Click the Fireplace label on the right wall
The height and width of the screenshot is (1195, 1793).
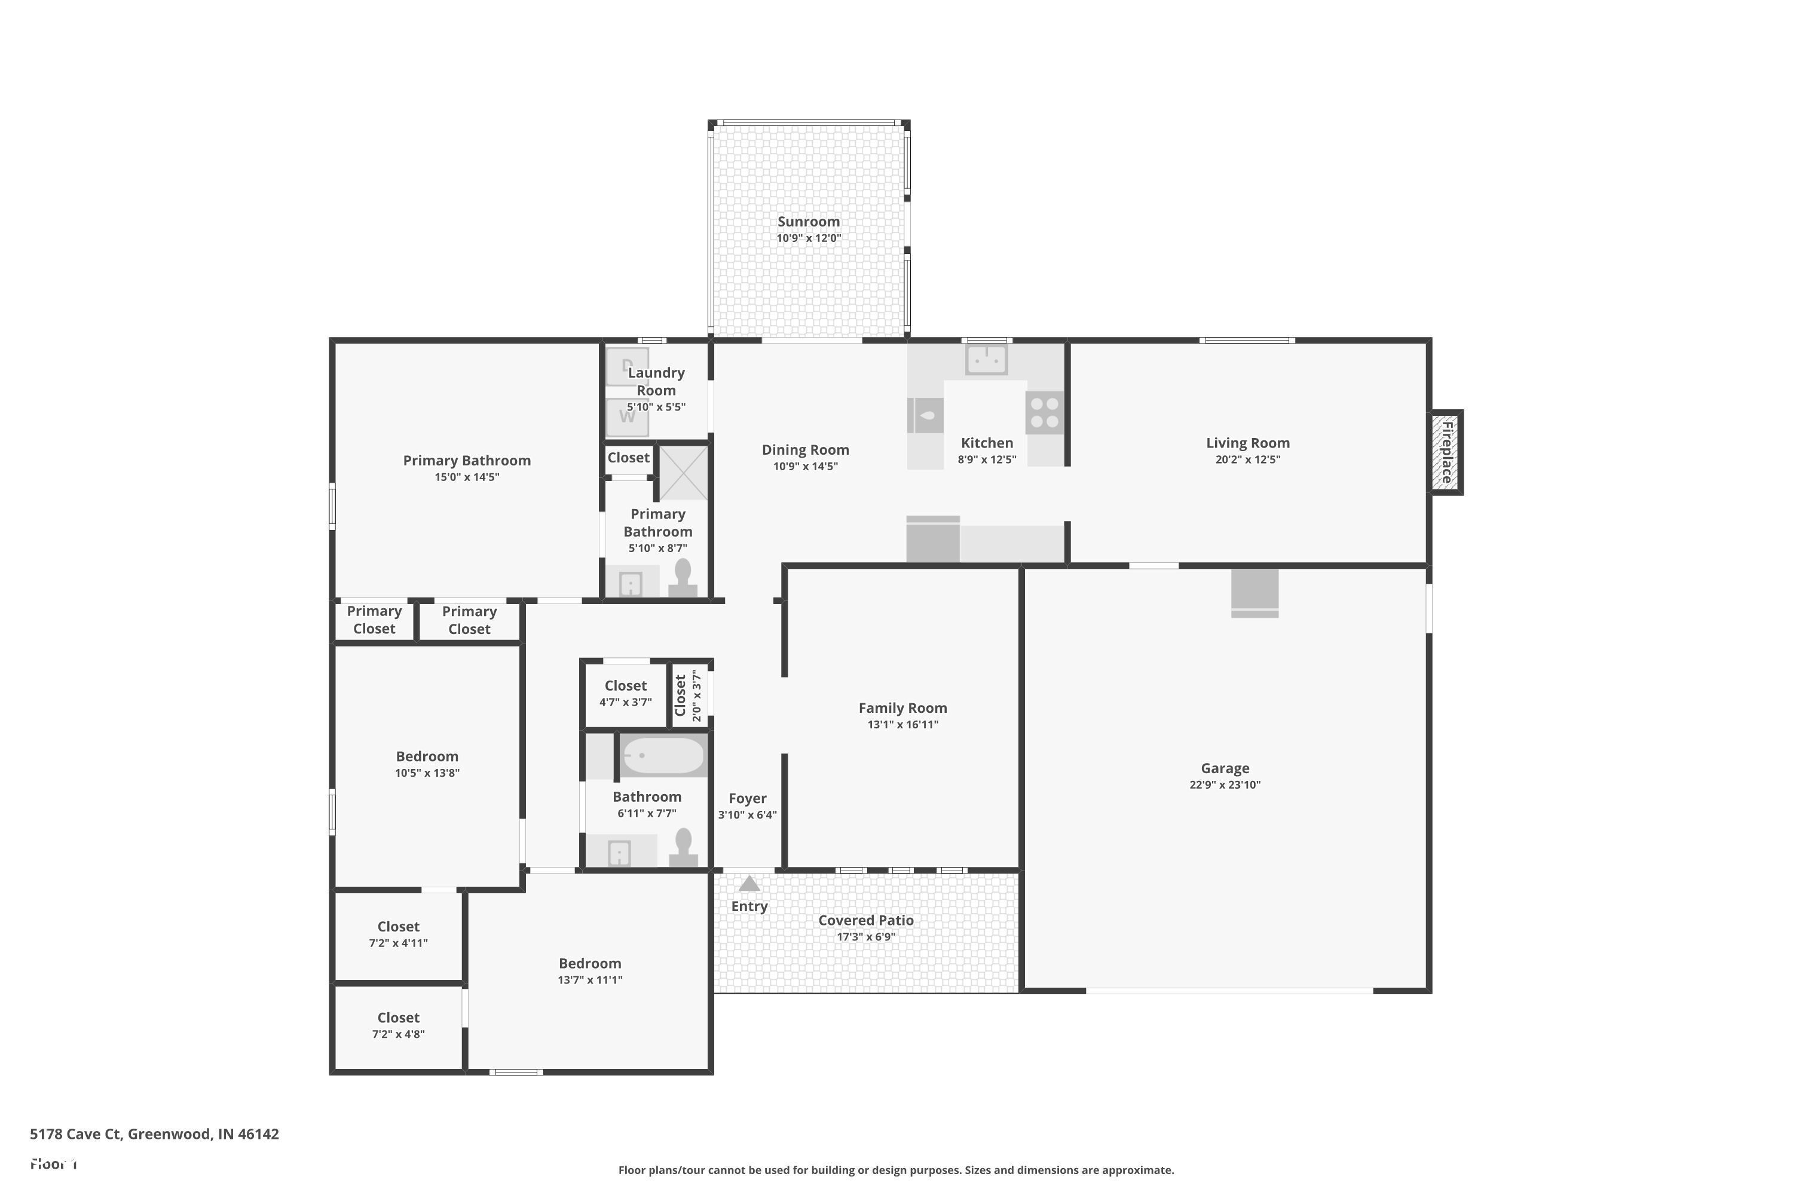1446,452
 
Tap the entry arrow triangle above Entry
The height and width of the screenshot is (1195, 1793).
749,884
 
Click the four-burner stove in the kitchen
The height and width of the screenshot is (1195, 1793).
1044,413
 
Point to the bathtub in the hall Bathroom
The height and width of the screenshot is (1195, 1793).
662,755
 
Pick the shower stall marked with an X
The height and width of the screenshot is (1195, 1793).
683,473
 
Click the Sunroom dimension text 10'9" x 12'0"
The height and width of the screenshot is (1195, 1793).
808,238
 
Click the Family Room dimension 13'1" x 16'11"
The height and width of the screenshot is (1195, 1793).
902,725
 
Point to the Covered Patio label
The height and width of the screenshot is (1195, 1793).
866,921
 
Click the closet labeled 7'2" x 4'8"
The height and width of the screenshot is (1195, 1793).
398,1026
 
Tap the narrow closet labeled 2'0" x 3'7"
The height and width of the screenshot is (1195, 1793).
689,695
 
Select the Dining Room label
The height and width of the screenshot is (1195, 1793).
805,450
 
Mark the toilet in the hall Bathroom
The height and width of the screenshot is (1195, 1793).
683,847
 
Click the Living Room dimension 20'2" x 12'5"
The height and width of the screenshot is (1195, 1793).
1247,459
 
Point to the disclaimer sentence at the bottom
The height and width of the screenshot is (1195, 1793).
896,1170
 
